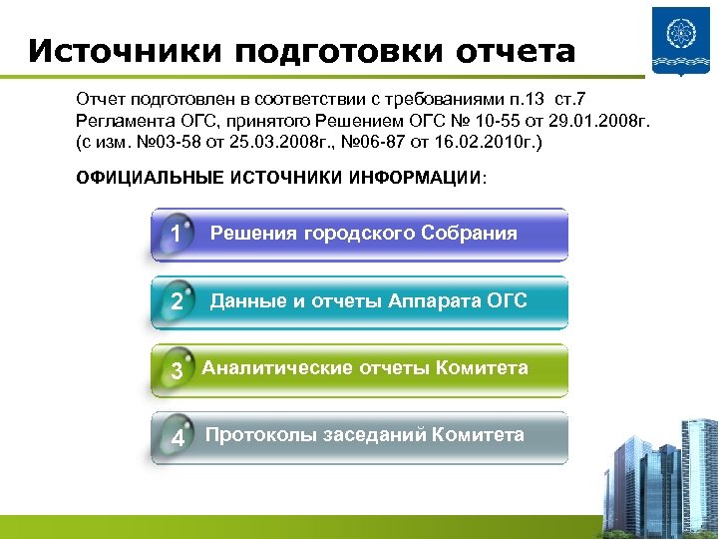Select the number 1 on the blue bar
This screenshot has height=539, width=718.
(176, 235)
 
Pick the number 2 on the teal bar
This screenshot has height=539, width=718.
(177, 301)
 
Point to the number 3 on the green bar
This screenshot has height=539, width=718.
(177, 371)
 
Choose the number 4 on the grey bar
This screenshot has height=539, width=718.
(178, 438)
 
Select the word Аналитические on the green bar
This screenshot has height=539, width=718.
(267, 368)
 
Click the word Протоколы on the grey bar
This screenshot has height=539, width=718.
(259, 435)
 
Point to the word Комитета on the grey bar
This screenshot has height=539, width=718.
(481, 435)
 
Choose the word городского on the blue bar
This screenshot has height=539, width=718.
(354, 234)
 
